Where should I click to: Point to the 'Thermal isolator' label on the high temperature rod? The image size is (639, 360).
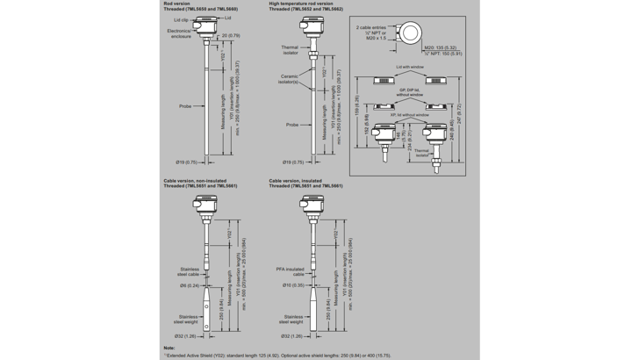[290, 50]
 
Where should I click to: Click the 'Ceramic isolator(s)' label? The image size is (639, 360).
[289, 79]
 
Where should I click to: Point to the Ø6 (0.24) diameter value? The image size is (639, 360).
[191, 286]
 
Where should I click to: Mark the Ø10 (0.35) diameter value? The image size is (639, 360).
[292, 286]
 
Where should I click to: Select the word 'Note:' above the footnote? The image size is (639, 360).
[169, 349]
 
